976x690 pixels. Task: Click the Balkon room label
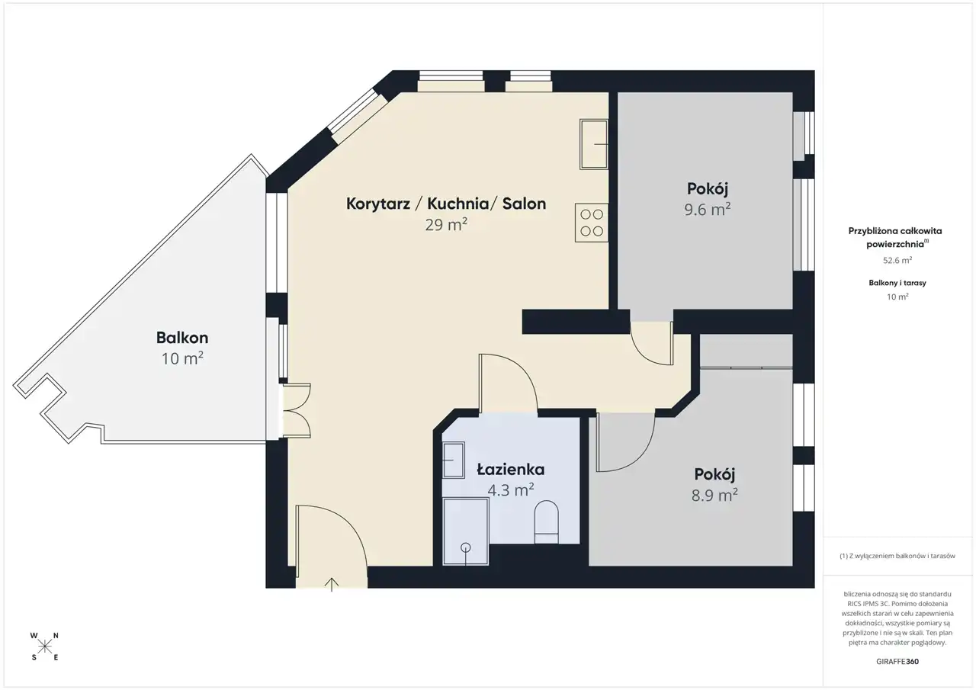tap(182, 338)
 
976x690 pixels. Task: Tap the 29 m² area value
tap(446, 225)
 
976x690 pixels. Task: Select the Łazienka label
tap(511, 469)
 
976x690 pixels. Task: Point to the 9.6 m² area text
tap(708, 210)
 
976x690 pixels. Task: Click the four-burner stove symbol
tap(591, 223)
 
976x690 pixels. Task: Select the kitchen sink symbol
tap(593, 144)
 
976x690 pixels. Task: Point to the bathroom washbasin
tap(454, 460)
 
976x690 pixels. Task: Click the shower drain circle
tap(465, 547)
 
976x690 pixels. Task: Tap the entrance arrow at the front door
tap(332, 584)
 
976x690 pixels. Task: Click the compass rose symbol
tap(44, 646)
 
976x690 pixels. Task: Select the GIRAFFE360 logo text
tap(897, 661)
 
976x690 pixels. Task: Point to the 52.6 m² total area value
tap(897, 260)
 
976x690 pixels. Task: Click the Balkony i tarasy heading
tap(897, 283)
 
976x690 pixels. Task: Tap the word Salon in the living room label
tap(524, 204)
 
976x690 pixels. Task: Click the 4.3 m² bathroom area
tap(511, 490)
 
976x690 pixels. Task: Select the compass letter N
tap(56, 636)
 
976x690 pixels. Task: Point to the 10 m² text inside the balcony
tap(182, 358)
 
